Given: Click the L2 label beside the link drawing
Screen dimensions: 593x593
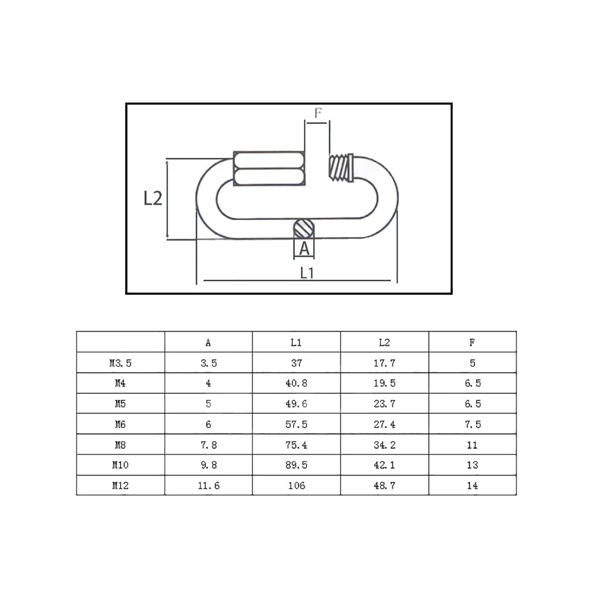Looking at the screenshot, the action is click(153, 198).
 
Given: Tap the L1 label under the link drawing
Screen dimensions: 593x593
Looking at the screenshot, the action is click(307, 273).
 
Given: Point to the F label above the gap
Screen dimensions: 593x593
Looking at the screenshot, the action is click(318, 113).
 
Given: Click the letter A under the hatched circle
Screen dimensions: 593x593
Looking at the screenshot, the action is click(304, 249).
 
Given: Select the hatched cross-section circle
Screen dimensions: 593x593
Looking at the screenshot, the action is click(304, 229).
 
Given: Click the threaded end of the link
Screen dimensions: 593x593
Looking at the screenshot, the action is click(341, 168).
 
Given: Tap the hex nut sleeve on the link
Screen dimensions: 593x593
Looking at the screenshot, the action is click(269, 168).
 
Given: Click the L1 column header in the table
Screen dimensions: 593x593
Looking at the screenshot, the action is click(296, 343).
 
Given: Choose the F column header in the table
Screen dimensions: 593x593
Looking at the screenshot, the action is click(472, 343).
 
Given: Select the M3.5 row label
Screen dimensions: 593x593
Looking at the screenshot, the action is click(120, 363).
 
